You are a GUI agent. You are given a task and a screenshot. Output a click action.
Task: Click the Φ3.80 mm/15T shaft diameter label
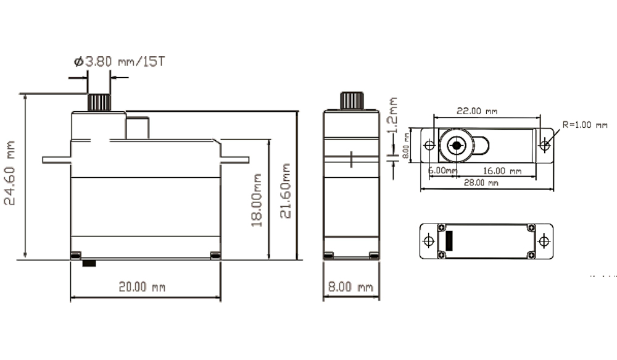120,62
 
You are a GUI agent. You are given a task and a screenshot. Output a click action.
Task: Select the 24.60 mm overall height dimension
9,172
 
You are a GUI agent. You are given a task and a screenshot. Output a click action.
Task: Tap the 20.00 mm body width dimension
142,287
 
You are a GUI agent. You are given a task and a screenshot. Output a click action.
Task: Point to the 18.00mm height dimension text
257,200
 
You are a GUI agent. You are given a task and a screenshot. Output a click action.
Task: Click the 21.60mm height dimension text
285,191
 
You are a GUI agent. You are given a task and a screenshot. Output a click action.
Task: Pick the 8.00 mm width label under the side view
350,287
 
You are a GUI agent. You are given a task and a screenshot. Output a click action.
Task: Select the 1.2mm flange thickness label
392,115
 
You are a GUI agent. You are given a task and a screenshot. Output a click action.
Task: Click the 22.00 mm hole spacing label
477,111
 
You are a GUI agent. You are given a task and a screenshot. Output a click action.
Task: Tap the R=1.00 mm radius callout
585,125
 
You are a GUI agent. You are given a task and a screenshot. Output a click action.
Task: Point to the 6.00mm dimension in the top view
442,170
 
